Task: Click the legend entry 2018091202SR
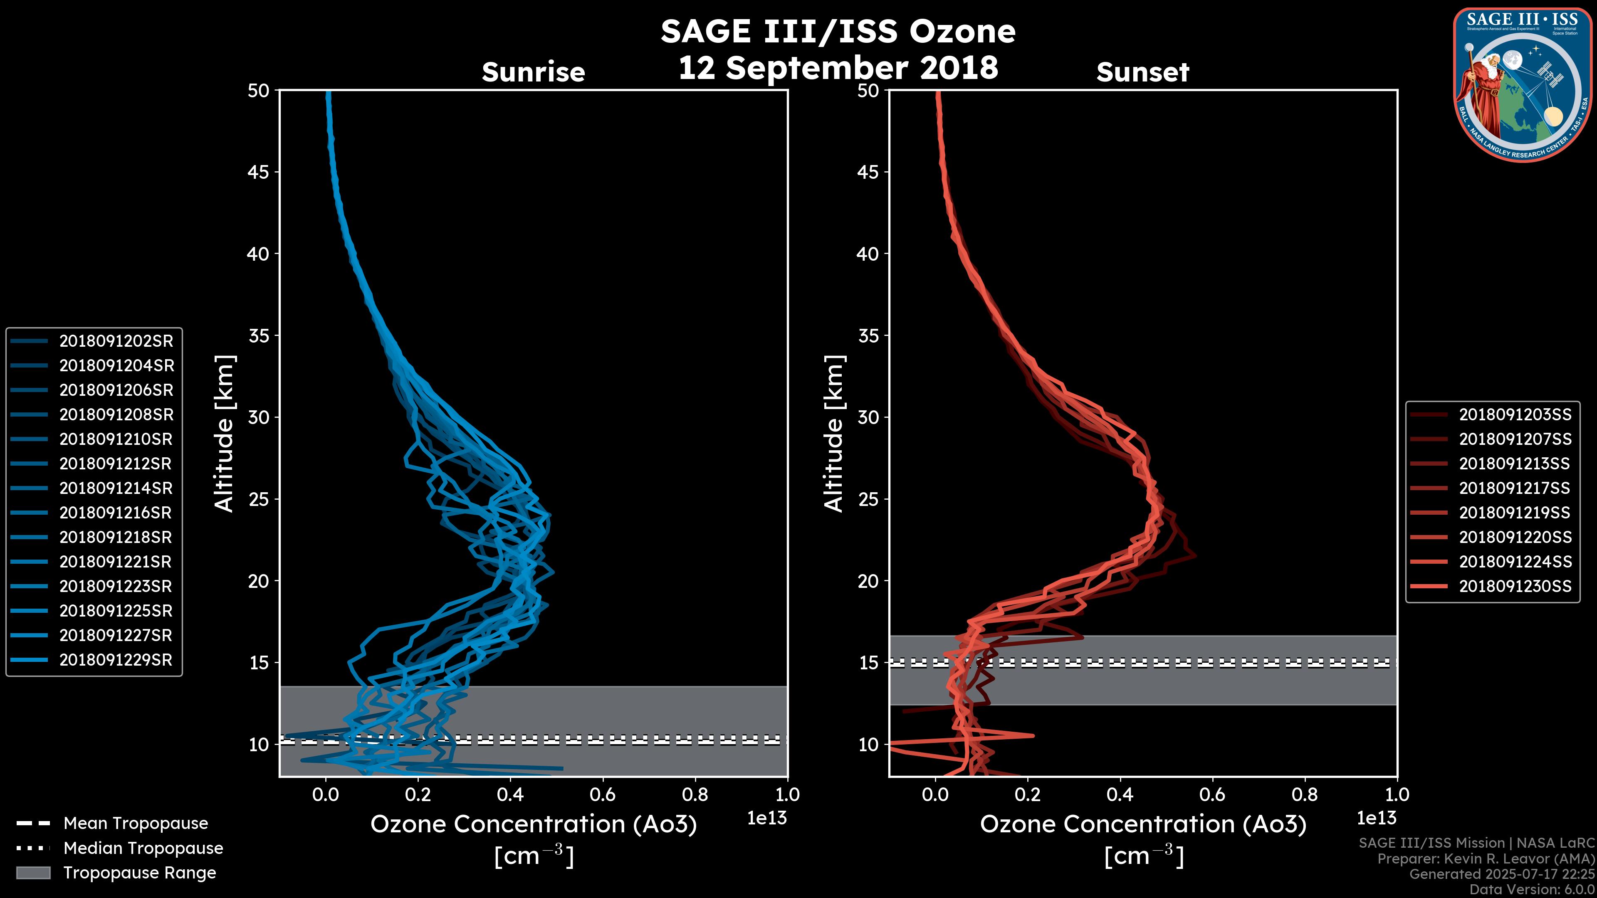tap(116, 341)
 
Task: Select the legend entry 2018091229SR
tap(116, 660)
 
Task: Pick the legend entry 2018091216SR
tap(116, 513)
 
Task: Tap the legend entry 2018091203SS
tap(1515, 414)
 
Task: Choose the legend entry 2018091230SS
tap(1515, 586)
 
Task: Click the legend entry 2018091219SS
tap(1515, 513)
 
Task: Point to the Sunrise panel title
tap(533, 72)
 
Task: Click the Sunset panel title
tap(1142, 72)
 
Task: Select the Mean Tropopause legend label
tap(136, 824)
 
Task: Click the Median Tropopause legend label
tap(143, 849)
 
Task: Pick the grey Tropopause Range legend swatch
tap(33, 873)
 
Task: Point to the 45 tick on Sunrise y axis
tap(259, 172)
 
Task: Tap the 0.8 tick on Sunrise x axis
tap(695, 794)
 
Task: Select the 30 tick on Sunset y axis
tap(868, 417)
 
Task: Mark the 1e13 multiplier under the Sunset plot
tap(1376, 818)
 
